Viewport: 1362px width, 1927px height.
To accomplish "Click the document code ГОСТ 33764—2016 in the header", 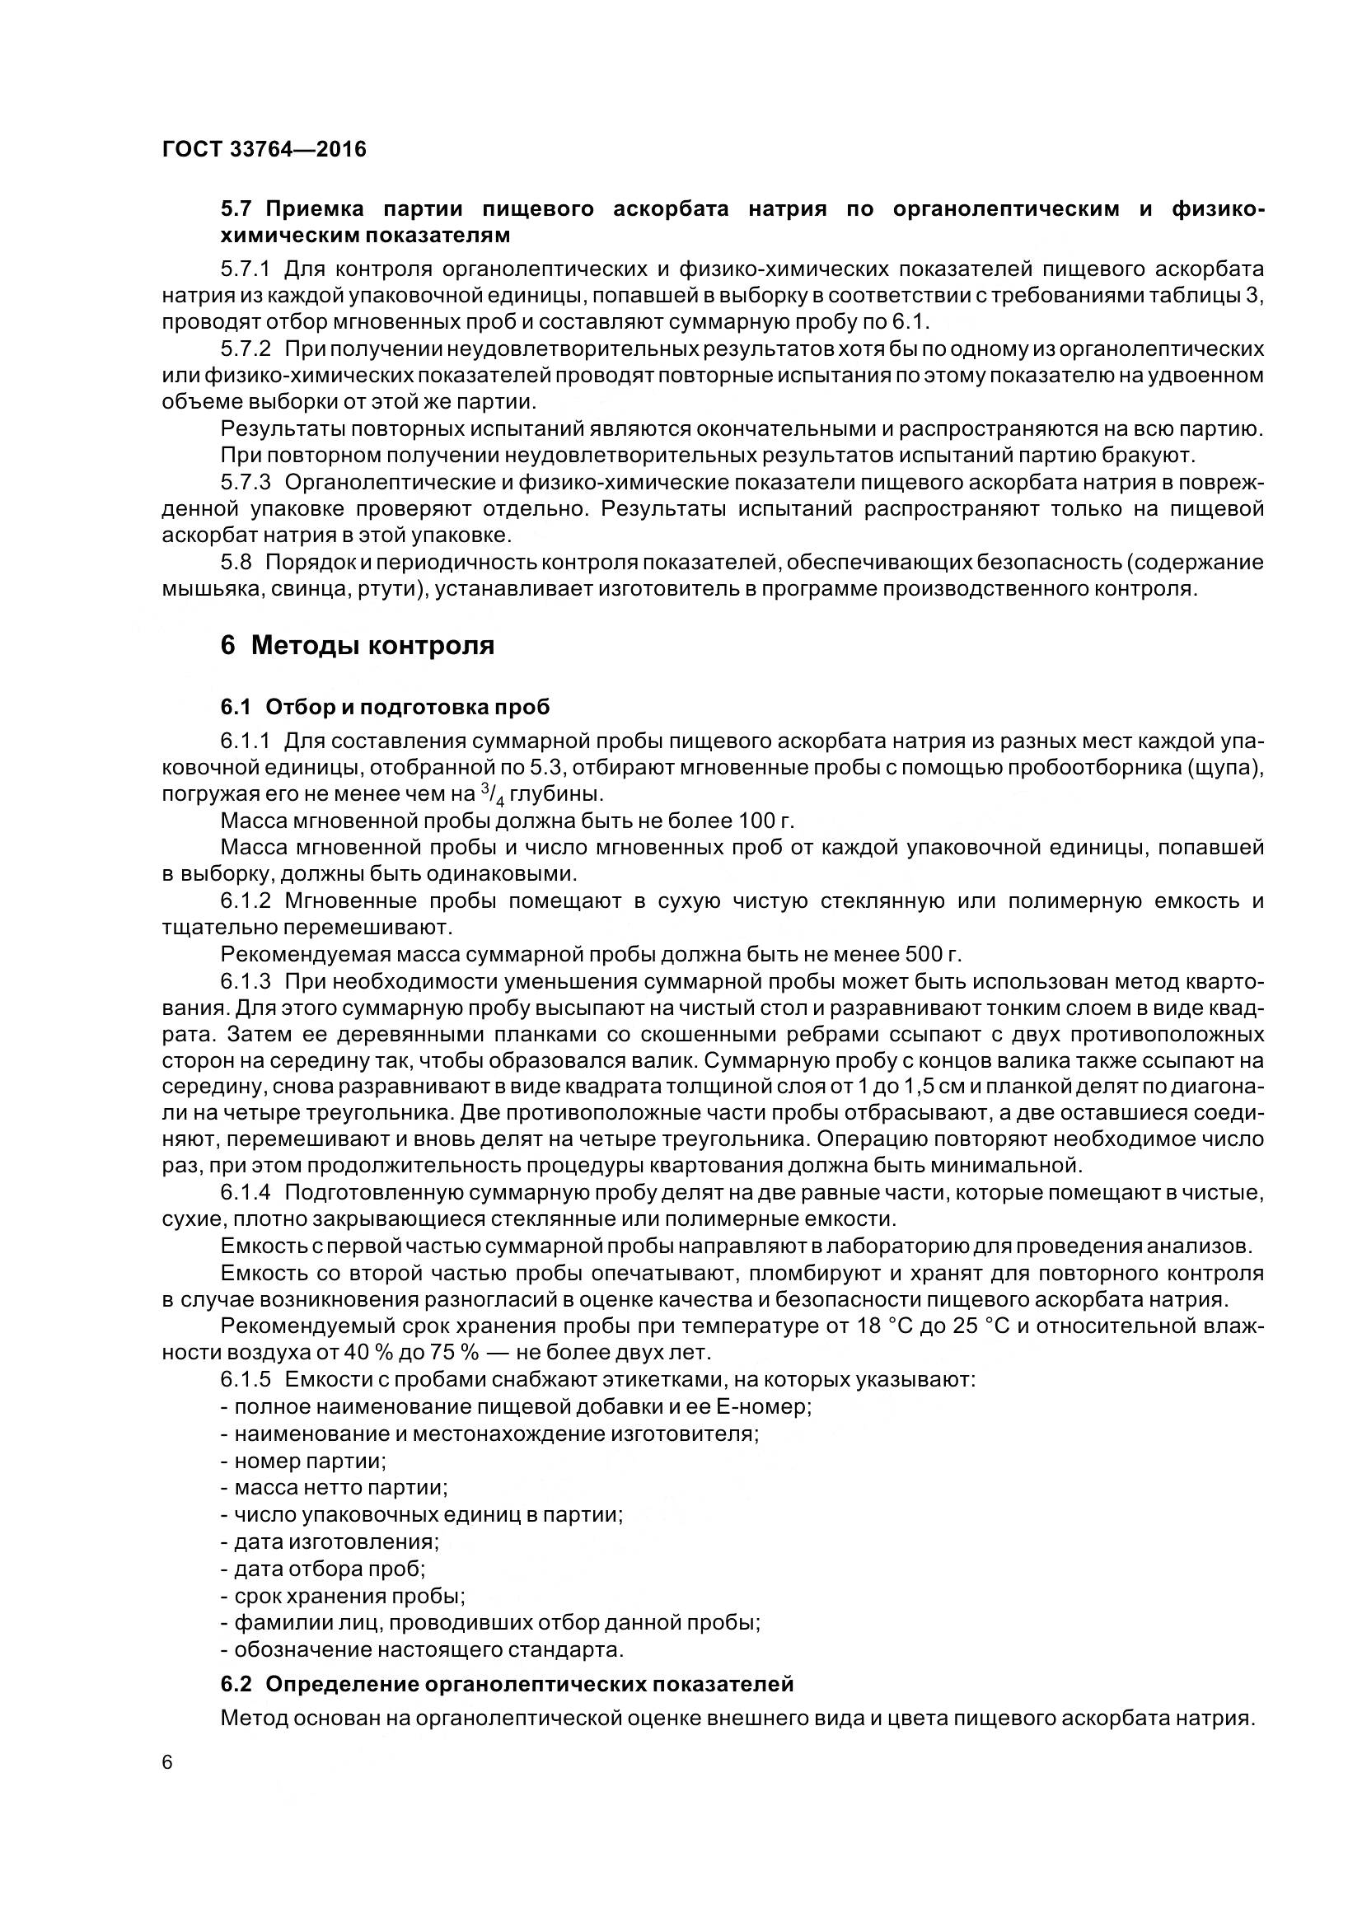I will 264,149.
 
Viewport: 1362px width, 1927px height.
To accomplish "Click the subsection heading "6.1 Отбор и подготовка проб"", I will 385,707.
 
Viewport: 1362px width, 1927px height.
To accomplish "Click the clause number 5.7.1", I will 246,269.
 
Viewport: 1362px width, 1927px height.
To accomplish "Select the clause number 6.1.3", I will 246,981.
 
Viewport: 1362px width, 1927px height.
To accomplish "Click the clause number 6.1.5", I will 246,1380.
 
